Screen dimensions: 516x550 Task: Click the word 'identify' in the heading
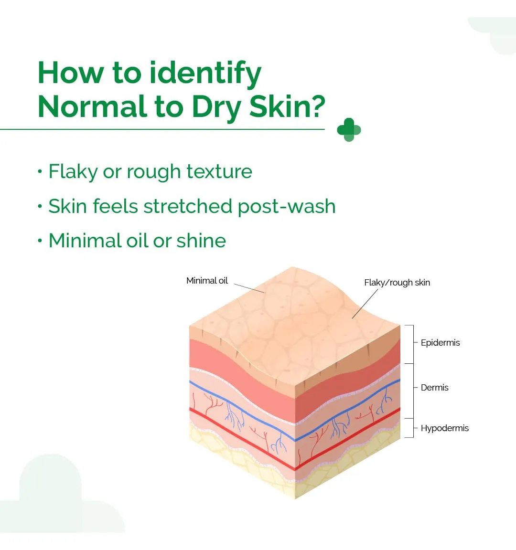pyautogui.click(x=205, y=74)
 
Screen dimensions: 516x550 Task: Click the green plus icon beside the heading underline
pyautogui.click(x=349, y=130)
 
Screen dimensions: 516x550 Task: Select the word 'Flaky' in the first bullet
pyautogui.click(x=73, y=172)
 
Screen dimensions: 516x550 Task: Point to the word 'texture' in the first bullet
pyautogui.click(x=219, y=171)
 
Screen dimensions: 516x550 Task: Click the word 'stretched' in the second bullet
pyautogui.click(x=188, y=206)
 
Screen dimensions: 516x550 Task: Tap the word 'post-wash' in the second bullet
pyautogui.click(x=287, y=207)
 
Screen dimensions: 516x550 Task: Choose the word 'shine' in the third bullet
pyautogui.click(x=201, y=241)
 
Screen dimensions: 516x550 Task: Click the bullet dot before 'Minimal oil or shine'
pyautogui.click(x=40, y=241)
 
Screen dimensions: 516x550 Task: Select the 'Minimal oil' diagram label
pyautogui.click(x=207, y=281)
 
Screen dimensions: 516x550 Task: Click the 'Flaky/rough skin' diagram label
pyautogui.click(x=397, y=283)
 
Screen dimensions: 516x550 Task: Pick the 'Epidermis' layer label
pyautogui.click(x=440, y=343)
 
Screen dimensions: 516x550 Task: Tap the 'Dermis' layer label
pyautogui.click(x=435, y=388)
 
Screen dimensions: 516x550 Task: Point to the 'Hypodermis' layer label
pyautogui.click(x=445, y=428)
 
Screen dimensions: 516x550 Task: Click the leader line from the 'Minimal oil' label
pyautogui.click(x=249, y=288)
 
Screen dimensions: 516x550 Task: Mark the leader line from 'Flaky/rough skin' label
pyautogui.click(x=365, y=304)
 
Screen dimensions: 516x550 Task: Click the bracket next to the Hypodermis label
pyautogui.click(x=413, y=428)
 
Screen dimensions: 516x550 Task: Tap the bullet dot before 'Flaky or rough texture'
pyautogui.click(x=40, y=172)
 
